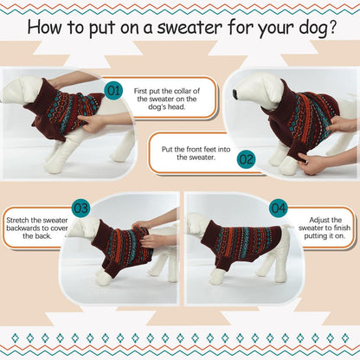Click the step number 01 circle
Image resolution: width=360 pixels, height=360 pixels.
click(113, 91)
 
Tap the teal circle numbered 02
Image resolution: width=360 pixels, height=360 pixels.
click(246, 159)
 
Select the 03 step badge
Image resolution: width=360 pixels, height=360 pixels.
click(80, 208)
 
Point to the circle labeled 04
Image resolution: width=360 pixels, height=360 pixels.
click(279, 208)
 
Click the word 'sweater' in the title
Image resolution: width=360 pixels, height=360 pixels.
click(190, 27)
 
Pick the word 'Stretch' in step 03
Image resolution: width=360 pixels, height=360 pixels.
click(17, 220)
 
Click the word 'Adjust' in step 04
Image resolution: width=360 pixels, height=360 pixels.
click(319, 220)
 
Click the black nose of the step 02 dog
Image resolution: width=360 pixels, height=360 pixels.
click(235, 93)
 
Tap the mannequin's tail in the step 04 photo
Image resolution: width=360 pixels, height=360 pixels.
click(286, 227)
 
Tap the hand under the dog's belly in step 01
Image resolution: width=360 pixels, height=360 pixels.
click(92, 122)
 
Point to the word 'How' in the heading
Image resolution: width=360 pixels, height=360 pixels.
click(45, 27)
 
